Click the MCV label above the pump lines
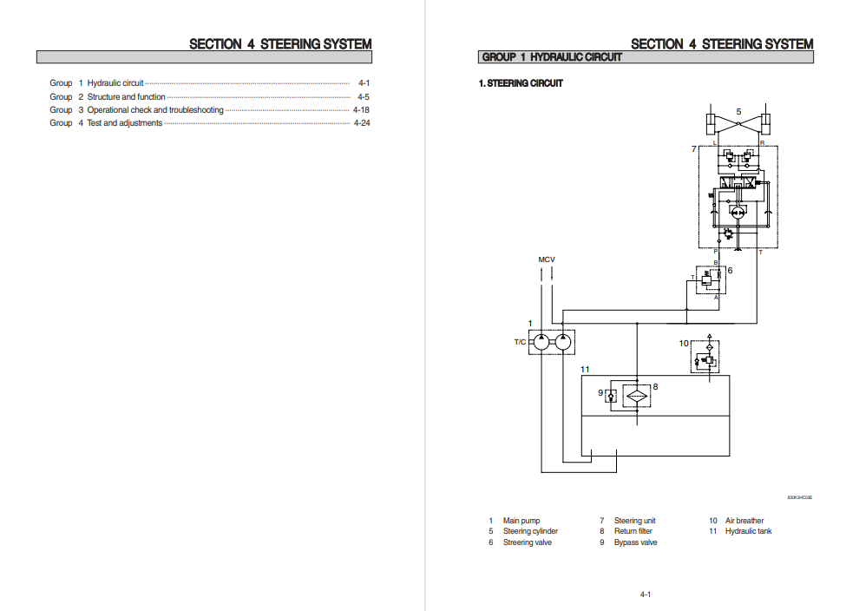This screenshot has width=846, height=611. coord(547,260)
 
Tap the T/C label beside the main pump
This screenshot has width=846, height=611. coord(520,342)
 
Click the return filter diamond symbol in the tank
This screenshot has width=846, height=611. coord(636,394)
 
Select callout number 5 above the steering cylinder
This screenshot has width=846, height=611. coord(738,112)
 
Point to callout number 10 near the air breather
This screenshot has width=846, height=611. coord(684,344)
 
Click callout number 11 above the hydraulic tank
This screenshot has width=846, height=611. coord(585,370)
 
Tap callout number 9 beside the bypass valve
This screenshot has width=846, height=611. coord(600,393)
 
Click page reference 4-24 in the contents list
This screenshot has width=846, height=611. coord(362,123)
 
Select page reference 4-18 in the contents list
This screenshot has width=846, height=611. coord(362,110)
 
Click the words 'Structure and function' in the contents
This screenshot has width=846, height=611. coord(126,97)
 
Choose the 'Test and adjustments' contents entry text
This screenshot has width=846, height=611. coord(124,123)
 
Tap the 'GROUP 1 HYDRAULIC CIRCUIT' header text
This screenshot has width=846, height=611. coord(552,57)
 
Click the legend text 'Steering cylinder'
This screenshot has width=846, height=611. coord(530,531)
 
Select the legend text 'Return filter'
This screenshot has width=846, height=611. coord(633,531)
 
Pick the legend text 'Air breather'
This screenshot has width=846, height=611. coord(744,521)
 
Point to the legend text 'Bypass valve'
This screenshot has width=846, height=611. coord(635,542)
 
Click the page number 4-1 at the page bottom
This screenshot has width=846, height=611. coord(646,595)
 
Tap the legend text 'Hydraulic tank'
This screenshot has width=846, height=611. coord(748,531)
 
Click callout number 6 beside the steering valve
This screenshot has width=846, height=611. coord(730,270)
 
